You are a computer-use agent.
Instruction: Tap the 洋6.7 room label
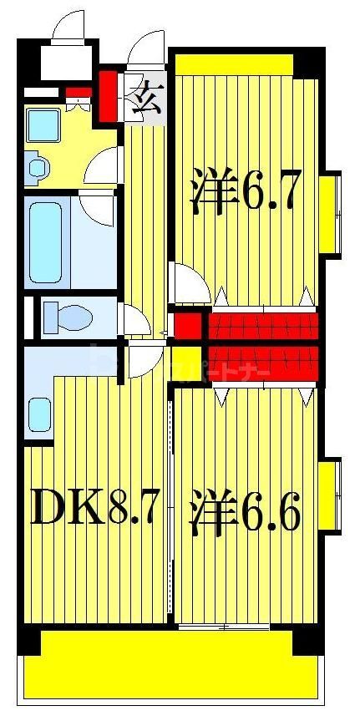[244, 190]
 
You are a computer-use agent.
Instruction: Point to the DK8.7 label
[94, 506]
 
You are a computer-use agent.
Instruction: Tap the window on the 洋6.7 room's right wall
[332, 213]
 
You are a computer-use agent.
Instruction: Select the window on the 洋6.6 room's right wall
[332, 496]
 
